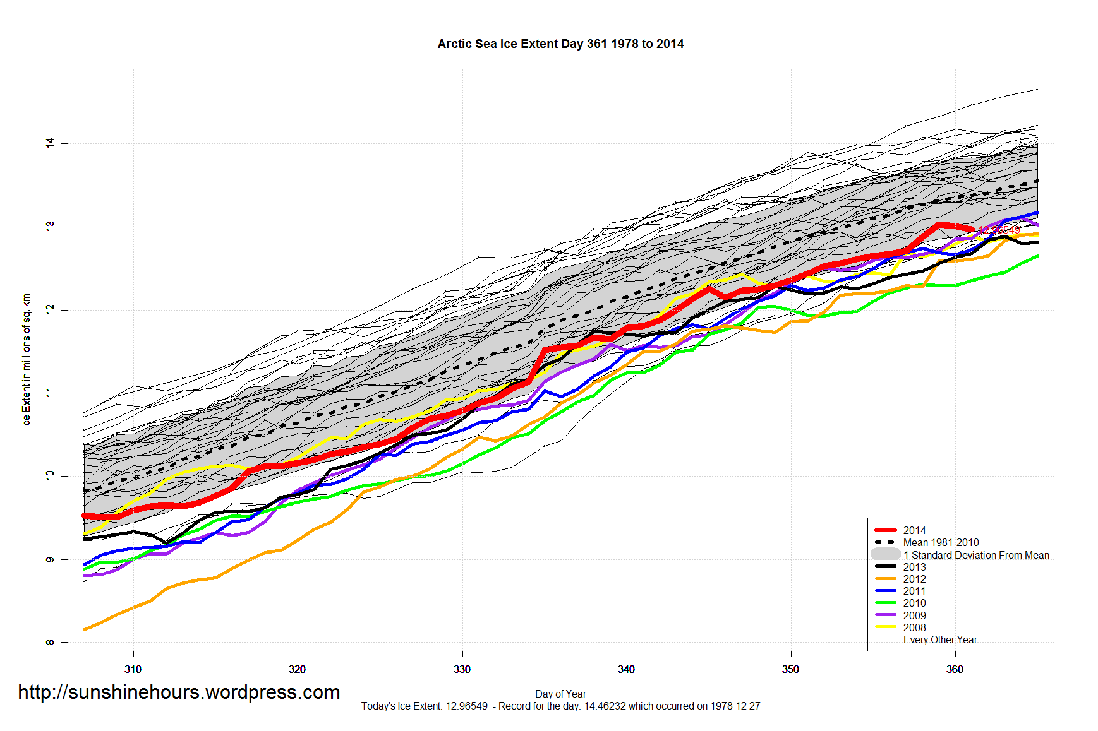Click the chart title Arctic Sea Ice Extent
(x=560, y=44)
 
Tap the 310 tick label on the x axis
(x=133, y=670)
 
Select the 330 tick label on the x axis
(x=462, y=670)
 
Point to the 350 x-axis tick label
(x=790, y=670)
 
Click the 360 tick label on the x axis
(x=955, y=670)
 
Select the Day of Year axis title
(x=560, y=694)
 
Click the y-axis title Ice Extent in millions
(x=27, y=360)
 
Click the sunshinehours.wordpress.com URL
(x=179, y=692)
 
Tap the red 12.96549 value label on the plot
(x=999, y=230)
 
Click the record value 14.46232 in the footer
(x=603, y=706)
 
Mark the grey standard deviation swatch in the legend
(x=886, y=554)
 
